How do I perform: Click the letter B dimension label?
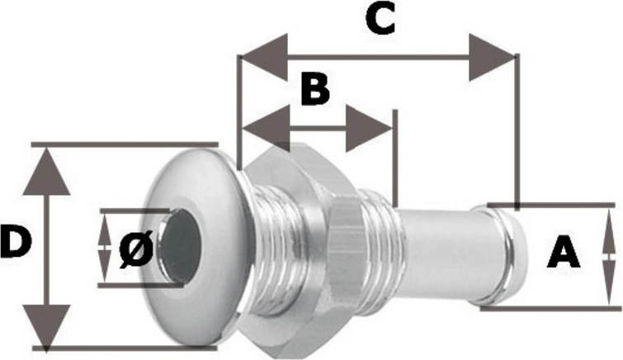(x=315, y=88)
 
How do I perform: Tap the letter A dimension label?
(x=564, y=251)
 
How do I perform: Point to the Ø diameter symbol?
(x=136, y=249)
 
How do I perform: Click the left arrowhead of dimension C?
(x=265, y=57)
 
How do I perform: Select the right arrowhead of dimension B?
(x=369, y=128)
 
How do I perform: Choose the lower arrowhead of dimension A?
(x=609, y=283)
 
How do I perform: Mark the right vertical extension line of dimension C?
(x=517, y=131)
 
